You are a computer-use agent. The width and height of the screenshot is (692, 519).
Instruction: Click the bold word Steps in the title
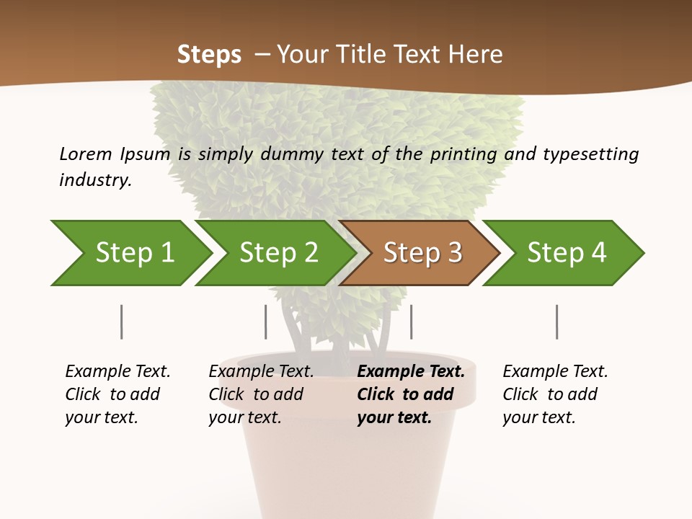[x=209, y=55]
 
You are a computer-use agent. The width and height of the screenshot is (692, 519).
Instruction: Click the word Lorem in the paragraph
[x=86, y=154]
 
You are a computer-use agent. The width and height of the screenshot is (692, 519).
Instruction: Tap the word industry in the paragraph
[x=95, y=179]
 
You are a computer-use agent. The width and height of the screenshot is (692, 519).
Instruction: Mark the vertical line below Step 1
[x=122, y=321]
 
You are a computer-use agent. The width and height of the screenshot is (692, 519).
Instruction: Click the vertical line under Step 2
[x=266, y=321]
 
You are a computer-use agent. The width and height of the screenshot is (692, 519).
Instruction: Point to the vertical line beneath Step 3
[x=411, y=321]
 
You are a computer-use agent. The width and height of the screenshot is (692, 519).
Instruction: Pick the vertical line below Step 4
[x=556, y=321]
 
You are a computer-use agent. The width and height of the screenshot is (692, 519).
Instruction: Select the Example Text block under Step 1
[x=117, y=394]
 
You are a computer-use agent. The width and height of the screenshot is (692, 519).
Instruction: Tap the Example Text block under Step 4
[x=555, y=394]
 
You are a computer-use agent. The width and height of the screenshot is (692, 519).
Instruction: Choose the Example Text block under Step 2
[x=261, y=394]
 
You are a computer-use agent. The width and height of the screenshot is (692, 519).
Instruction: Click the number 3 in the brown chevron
[x=453, y=253]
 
